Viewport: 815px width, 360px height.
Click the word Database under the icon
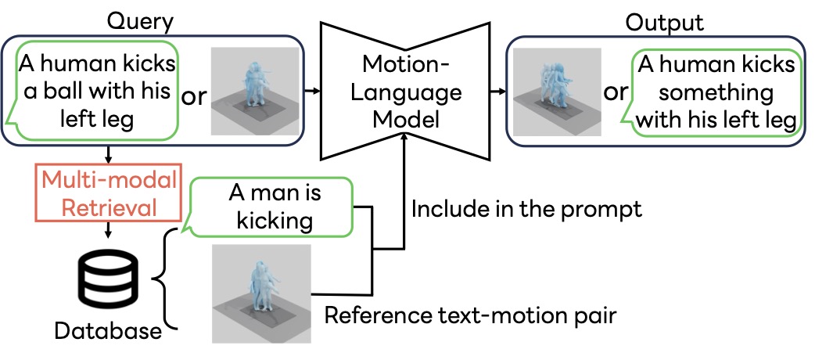108,331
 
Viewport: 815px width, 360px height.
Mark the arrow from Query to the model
311,92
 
